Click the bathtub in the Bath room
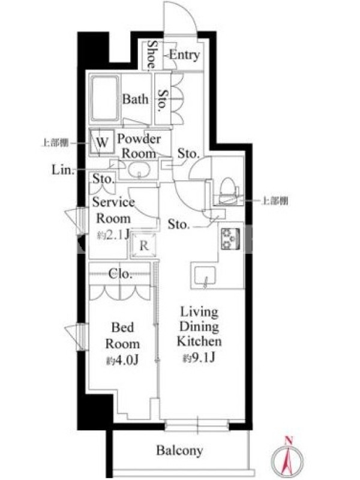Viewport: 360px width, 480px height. click(104, 98)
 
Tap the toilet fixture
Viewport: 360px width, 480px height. click(229, 190)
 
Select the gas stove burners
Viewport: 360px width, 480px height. click(230, 238)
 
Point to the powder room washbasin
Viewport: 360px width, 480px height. click(139, 170)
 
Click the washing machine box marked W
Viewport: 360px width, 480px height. click(102, 142)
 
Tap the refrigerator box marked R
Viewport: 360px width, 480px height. click(143, 245)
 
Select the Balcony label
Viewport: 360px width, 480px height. click(179, 451)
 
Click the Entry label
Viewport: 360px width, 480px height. click(184, 55)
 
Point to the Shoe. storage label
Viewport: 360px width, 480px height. click(151, 55)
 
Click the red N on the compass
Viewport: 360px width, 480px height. click(288, 440)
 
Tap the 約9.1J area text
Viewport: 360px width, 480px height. click(199, 357)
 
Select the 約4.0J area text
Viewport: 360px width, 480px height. click(122, 361)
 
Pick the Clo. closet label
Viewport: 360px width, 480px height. click(121, 274)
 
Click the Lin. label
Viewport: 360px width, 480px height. click(63, 169)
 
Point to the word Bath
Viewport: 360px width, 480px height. click(136, 99)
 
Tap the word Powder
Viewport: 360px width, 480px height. click(139, 139)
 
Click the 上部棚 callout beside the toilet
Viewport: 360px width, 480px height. click(275, 201)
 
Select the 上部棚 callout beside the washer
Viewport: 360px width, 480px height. click(55, 143)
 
